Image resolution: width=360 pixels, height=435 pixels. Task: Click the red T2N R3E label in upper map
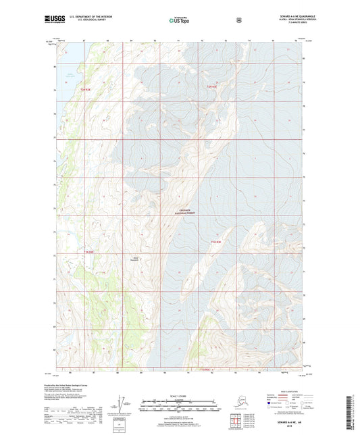pos(211,86)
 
